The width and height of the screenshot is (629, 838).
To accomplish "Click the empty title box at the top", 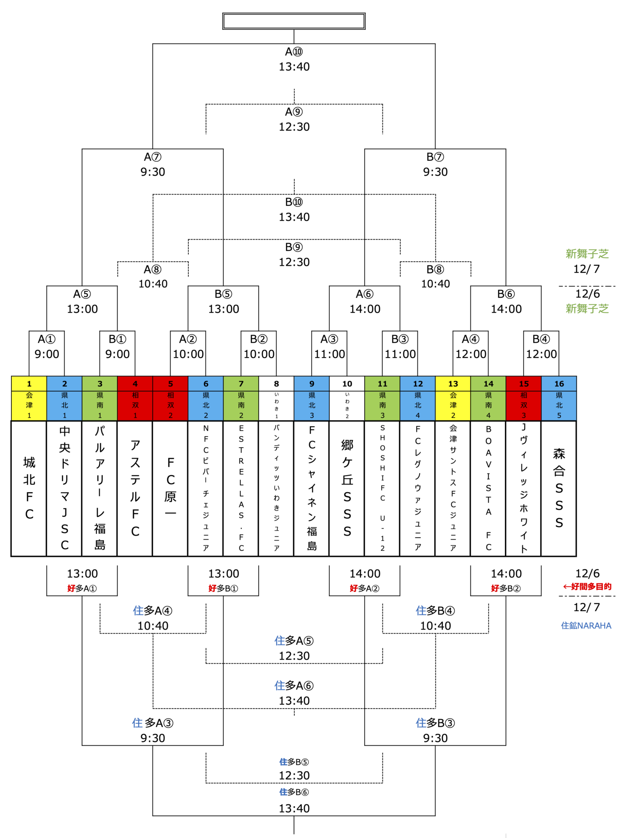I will (294, 21).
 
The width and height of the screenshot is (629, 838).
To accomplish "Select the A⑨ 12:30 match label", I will (294, 119).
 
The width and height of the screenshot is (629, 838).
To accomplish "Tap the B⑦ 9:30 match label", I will (435, 164).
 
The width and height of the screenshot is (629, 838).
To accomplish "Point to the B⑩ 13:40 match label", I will (294, 209).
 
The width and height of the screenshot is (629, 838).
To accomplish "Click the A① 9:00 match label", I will (47, 347).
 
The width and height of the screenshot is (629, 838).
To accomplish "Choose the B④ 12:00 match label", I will (541, 347).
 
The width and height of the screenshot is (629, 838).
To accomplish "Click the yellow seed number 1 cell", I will (29, 383).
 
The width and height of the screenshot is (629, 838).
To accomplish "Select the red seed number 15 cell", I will (524, 383).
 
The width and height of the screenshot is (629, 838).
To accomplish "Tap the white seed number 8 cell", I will (276, 383).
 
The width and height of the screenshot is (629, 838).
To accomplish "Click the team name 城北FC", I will (29, 488).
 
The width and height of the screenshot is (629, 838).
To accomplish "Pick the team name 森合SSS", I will (559, 488).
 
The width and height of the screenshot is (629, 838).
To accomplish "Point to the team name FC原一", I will (170, 488).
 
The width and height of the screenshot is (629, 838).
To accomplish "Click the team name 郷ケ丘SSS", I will (347, 488).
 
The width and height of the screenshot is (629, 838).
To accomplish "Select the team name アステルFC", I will (135, 488).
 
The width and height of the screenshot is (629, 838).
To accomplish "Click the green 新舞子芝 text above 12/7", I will (587, 254).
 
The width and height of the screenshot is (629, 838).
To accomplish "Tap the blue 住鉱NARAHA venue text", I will (586, 626).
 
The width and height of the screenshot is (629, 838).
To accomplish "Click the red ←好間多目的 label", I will (587, 587).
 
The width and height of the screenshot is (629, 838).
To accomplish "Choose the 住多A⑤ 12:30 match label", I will (294, 648).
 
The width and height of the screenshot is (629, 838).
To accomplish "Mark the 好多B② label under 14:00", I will (506, 588).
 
